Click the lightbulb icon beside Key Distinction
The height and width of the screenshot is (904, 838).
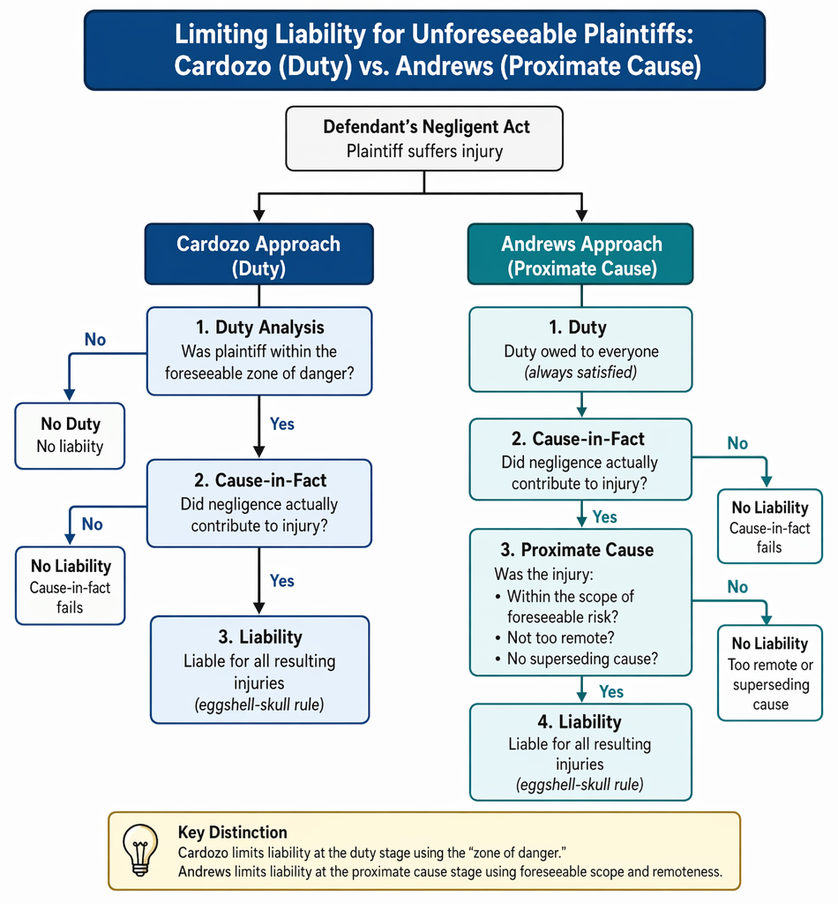coord(140,849)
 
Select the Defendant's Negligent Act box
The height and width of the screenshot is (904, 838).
coord(424,139)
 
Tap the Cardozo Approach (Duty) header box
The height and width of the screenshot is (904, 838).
coord(259,254)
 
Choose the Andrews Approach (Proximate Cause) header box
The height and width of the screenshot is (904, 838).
coord(580,254)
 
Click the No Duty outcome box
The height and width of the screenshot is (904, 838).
coord(70,435)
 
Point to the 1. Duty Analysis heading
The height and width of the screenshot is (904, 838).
coord(259,328)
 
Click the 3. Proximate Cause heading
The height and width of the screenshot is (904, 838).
coord(577,550)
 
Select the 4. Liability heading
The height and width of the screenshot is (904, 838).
coord(580,722)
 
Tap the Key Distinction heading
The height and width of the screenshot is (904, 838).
coord(233,832)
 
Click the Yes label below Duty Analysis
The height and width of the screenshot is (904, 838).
coord(282,424)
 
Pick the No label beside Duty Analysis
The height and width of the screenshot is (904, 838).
coord(95,340)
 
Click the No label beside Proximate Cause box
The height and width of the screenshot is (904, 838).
coord(737,587)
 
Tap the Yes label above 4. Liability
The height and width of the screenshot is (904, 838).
coord(611,691)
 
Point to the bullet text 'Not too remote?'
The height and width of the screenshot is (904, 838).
coord(560,637)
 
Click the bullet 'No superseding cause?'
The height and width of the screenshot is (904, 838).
coord(582,659)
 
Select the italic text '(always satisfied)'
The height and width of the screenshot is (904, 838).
coord(580,373)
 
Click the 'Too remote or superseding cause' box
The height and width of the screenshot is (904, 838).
coord(770,673)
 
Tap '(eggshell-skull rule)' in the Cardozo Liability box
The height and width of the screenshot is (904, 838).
coord(259,704)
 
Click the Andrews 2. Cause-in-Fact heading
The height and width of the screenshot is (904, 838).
coord(579,439)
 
